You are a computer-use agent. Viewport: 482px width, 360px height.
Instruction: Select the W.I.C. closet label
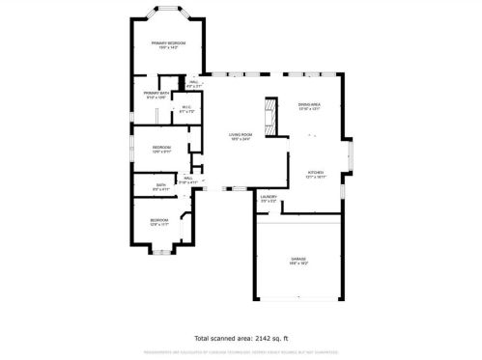(187, 108)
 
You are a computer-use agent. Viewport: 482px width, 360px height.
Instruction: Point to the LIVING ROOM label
(241, 134)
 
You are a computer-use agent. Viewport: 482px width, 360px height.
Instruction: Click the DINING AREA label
(308, 106)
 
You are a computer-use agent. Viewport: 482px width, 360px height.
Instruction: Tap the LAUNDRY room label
(269, 196)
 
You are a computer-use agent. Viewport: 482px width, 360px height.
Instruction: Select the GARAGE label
(298, 259)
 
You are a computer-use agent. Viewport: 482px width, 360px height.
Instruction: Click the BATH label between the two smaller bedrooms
(159, 185)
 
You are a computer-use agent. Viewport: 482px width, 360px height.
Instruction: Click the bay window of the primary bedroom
(167, 13)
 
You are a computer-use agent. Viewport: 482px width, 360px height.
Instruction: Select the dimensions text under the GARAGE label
(298, 263)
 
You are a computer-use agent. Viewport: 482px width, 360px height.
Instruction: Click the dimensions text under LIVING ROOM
(241, 139)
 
